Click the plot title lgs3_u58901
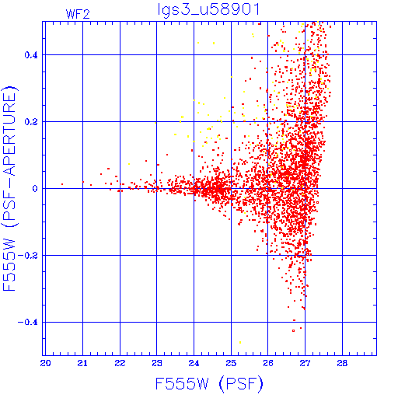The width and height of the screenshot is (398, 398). click(x=208, y=10)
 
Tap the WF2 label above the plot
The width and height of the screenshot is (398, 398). click(x=78, y=14)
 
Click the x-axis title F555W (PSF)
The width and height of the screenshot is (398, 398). click(x=209, y=384)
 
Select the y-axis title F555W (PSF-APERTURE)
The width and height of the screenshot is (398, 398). click(x=10, y=189)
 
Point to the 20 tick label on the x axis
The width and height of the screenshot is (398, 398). click(x=45, y=363)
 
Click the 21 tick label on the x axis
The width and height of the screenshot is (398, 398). click(x=82, y=363)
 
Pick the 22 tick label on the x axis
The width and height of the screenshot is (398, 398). click(x=120, y=363)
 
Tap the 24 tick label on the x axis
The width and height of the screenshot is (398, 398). click(x=194, y=363)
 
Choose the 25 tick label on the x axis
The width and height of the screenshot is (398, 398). click(x=231, y=363)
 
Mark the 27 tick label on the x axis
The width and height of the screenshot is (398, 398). click(x=305, y=363)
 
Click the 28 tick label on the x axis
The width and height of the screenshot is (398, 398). click(x=342, y=363)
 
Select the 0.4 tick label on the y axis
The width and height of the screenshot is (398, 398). click(x=31, y=55)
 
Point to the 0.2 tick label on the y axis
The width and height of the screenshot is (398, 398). click(x=31, y=122)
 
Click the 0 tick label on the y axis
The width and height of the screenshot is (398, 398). click(x=35, y=189)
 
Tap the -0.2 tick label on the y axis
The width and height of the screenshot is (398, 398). click(x=27, y=256)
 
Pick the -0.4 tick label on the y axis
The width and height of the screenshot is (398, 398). click(x=27, y=323)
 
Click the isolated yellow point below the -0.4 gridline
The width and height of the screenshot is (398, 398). click(x=240, y=343)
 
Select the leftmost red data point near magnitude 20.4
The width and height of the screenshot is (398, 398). click(x=62, y=184)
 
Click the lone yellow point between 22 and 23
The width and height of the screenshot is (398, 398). click(x=129, y=164)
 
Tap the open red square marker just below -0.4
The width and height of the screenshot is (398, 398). click(x=293, y=331)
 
